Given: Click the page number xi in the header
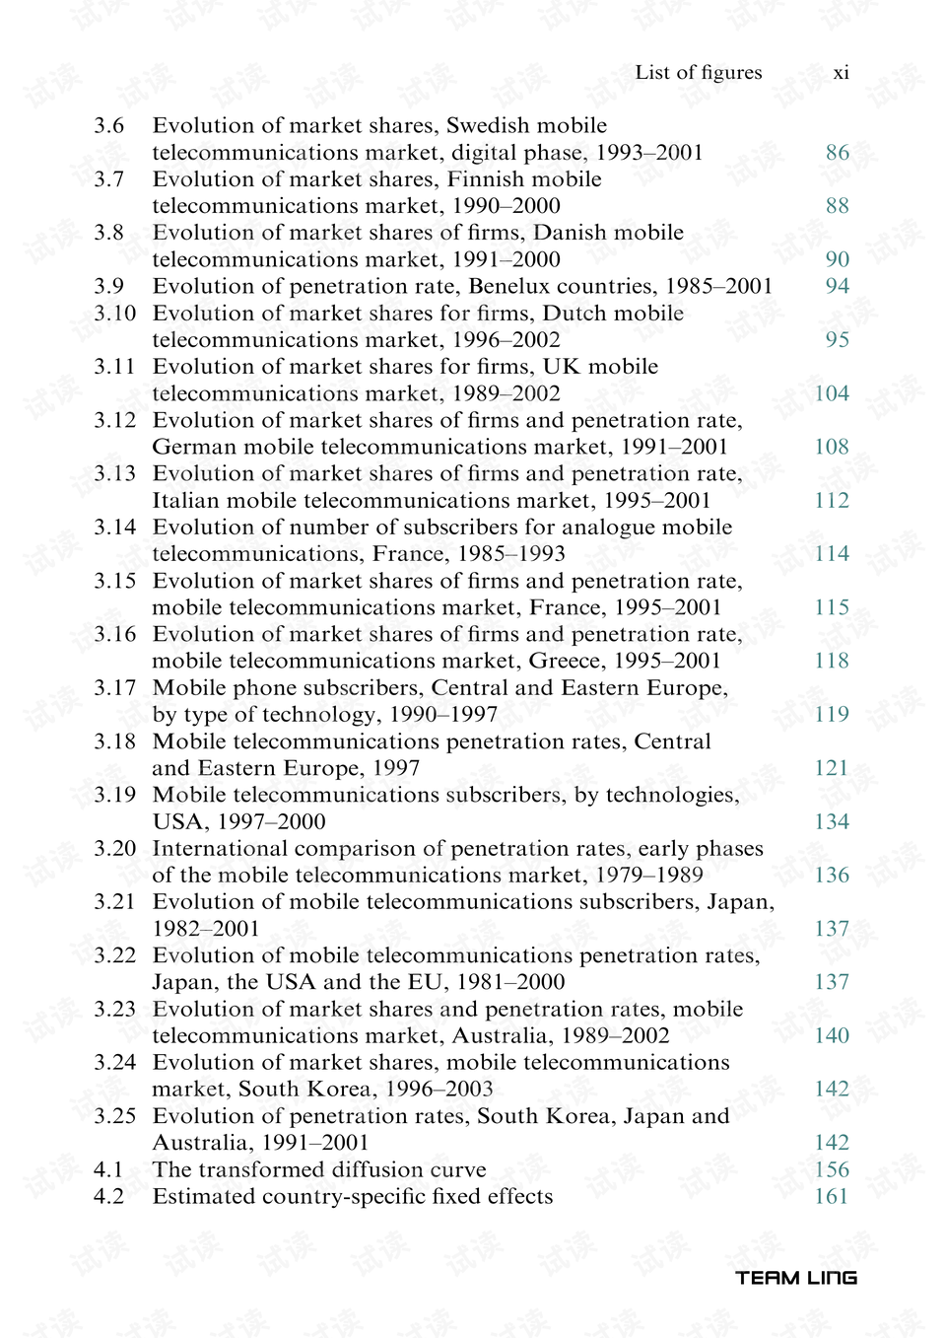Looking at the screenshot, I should point(841,73).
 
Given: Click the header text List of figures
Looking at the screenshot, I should point(698,72).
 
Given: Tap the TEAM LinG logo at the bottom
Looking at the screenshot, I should point(795,1278).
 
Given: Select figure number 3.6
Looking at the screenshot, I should point(109,126).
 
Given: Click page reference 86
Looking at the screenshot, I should point(837,153).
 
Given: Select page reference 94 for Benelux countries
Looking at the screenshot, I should point(837,286).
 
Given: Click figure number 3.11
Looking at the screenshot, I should point(114,367).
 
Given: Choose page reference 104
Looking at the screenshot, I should point(832,393).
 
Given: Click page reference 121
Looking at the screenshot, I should point(832,768).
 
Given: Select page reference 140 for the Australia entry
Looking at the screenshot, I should point(832,1035).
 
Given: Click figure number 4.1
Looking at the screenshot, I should point(108,1169).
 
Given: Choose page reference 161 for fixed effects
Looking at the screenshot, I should point(832,1196).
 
